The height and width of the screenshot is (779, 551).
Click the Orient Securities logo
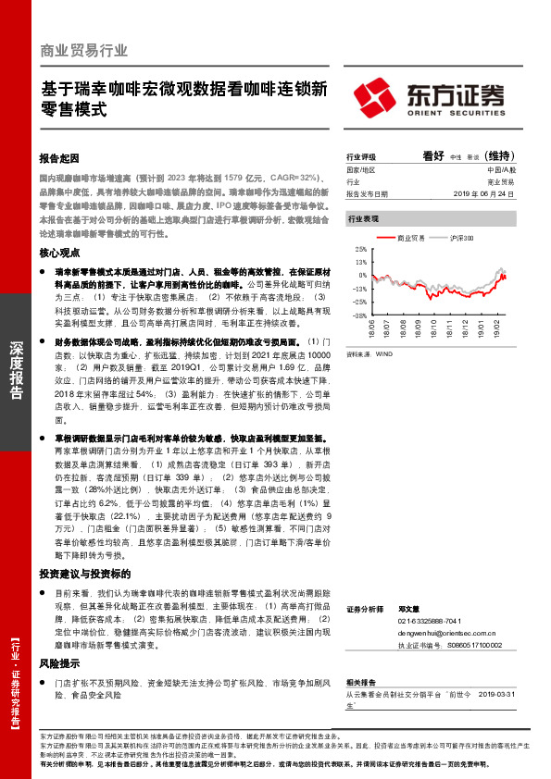pyautogui.click(x=431, y=95)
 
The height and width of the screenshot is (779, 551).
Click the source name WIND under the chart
pyautogui.click(x=384, y=353)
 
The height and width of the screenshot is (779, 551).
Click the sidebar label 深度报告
pyautogui.click(x=16, y=370)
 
